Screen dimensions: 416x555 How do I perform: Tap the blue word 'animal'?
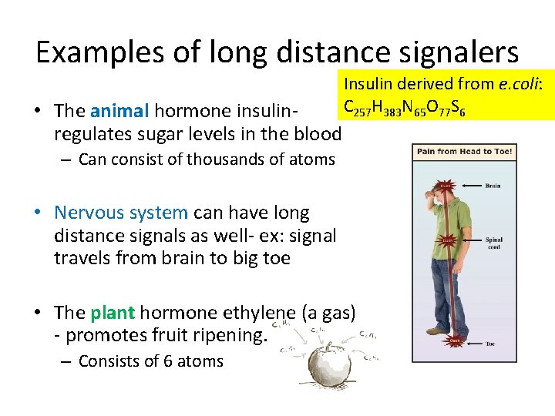point(119,111)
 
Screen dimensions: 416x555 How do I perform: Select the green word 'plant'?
point(113,313)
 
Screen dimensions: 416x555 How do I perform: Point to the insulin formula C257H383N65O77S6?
point(404,107)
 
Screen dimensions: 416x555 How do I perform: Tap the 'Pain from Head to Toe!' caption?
point(464,152)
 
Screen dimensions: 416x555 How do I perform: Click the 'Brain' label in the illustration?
point(493,186)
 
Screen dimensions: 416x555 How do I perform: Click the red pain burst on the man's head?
point(446,185)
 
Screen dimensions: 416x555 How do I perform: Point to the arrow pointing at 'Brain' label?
point(472,186)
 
